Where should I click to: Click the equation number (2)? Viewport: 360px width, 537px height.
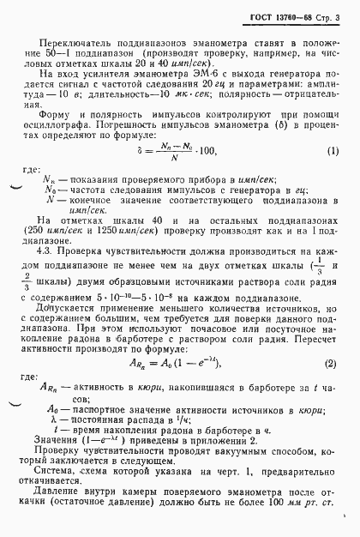click(330, 343)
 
